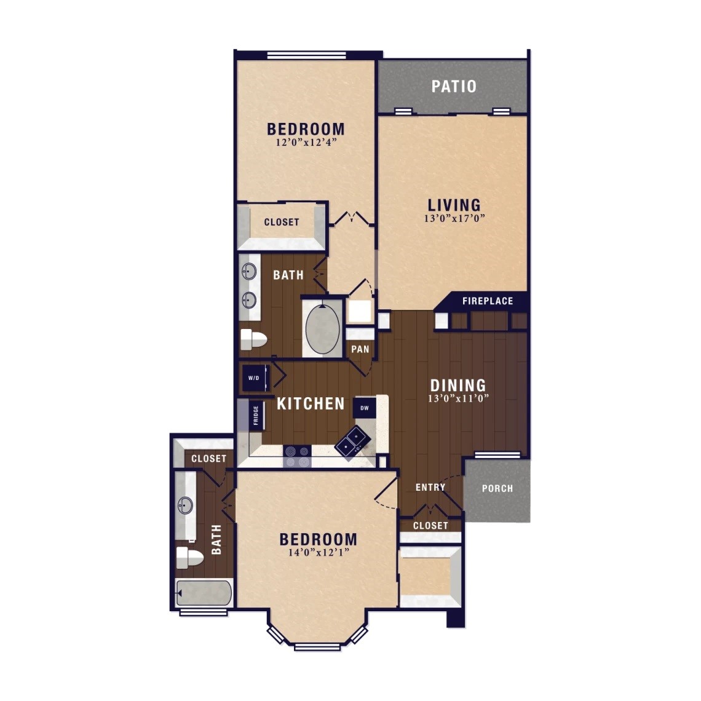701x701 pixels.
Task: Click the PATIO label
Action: pos(454,86)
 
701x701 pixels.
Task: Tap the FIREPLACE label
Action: pos(488,301)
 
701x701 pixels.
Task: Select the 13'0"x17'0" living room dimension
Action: pos(454,219)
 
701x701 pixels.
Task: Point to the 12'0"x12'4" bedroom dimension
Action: pos(306,143)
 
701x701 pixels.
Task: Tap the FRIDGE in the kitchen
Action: pos(256,415)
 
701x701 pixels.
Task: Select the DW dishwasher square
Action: pos(365,408)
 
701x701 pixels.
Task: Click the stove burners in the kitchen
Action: pos(297,456)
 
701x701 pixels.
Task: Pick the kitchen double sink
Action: pos(353,440)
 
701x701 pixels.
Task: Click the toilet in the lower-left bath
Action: pos(189,558)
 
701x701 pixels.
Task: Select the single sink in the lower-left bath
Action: pos(185,505)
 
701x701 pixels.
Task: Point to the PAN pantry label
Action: pos(360,349)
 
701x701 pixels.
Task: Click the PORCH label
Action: pos(497,489)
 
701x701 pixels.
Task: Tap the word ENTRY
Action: pos(430,487)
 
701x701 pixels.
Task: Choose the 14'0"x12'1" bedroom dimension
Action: pos(319,553)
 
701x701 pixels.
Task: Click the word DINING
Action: pos(458,386)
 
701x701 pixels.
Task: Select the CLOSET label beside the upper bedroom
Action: pos(282,222)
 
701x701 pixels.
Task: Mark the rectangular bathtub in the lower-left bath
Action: pos(204,593)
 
